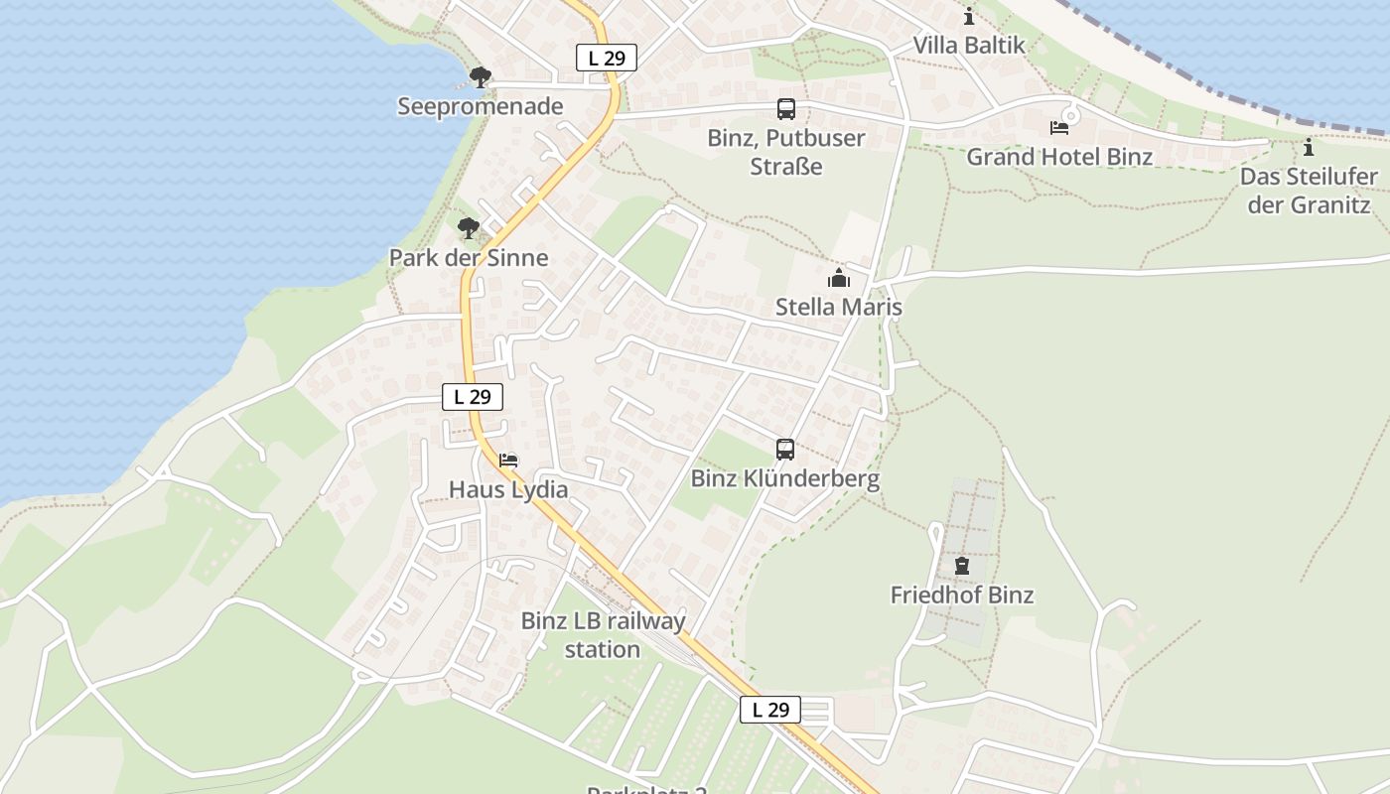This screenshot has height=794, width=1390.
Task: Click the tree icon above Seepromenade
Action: tap(481, 76)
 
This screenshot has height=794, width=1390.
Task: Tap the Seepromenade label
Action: tap(481, 106)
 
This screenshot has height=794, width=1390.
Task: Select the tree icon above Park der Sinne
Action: tap(469, 228)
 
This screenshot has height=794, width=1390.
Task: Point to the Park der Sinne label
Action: tap(469, 258)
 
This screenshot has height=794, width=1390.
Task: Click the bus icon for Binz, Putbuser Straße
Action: tap(786, 108)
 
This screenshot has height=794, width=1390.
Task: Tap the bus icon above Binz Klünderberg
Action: tap(785, 450)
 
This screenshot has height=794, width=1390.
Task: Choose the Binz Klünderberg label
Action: tap(785, 479)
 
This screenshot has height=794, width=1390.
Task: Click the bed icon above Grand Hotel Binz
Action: tap(1059, 128)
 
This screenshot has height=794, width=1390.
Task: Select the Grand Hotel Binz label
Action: tap(1059, 157)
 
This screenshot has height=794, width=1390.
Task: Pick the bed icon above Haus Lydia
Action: tap(508, 461)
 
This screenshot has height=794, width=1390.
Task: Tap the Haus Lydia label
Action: tap(508, 489)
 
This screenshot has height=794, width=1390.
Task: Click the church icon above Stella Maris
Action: tap(839, 278)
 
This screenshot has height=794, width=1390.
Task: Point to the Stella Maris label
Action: tap(839, 307)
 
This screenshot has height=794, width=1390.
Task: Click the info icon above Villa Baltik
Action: tap(969, 17)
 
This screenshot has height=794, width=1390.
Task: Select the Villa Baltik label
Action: tap(969, 46)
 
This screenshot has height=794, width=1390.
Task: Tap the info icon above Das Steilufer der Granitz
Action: tap(1309, 148)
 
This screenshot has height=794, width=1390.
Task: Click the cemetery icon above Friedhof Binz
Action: tap(961, 567)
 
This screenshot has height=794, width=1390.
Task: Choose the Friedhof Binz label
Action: tap(961, 595)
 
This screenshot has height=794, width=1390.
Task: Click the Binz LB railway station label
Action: tap(603, 635)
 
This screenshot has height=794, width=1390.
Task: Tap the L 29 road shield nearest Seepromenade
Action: tap(607, 58)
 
